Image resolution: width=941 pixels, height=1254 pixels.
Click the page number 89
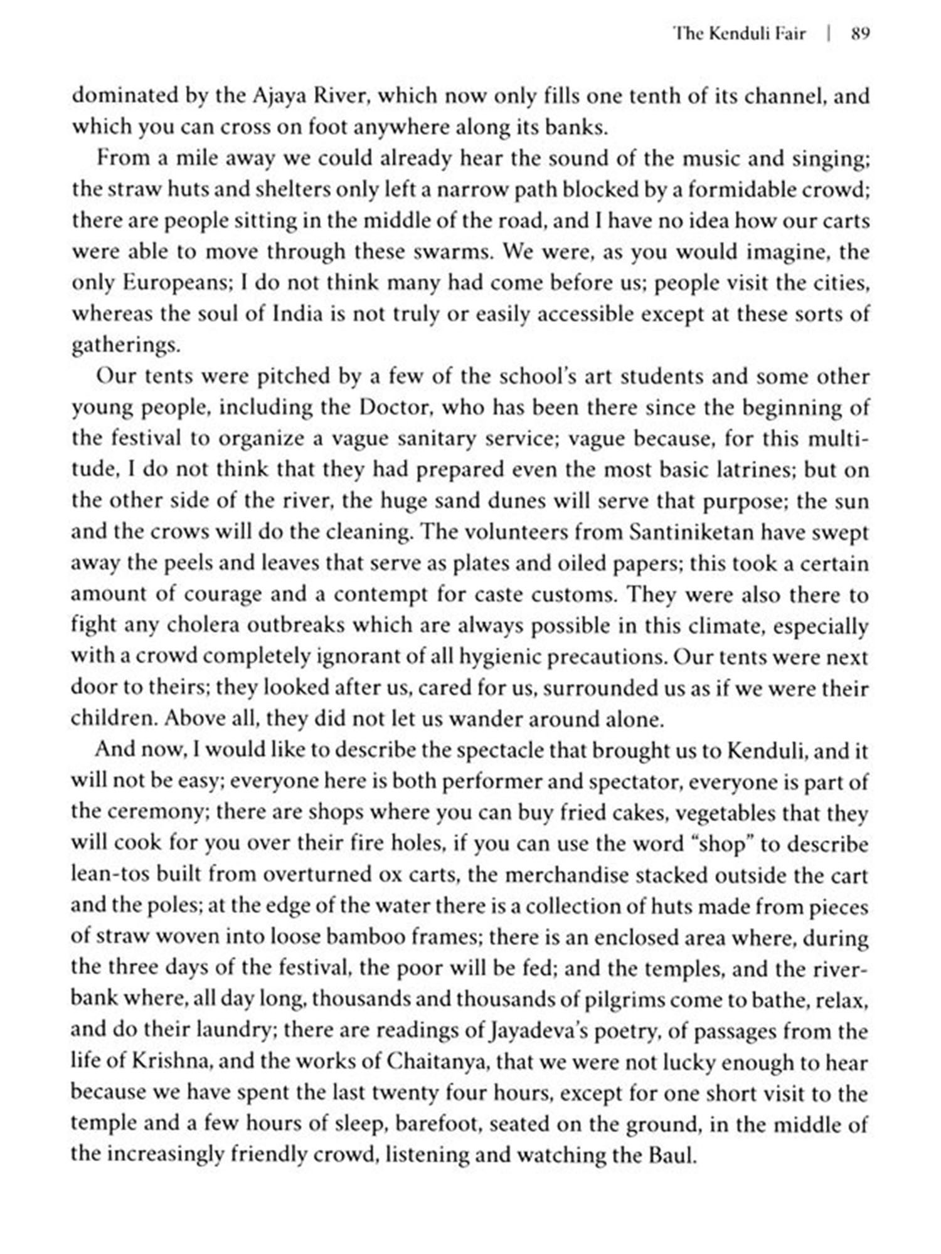pos(860,34)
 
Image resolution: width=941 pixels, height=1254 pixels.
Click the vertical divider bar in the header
pos(829,34)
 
